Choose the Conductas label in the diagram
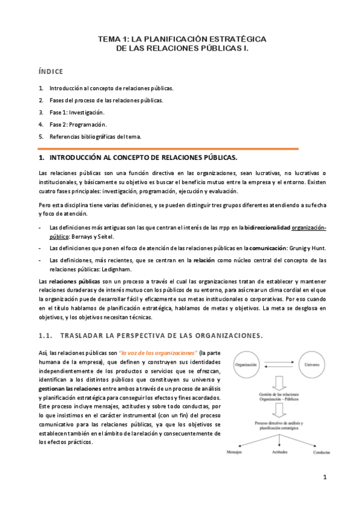point(322,452)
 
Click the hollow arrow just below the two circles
point(279,383)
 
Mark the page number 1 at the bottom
point(324,479)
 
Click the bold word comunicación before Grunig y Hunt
point(267,247)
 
